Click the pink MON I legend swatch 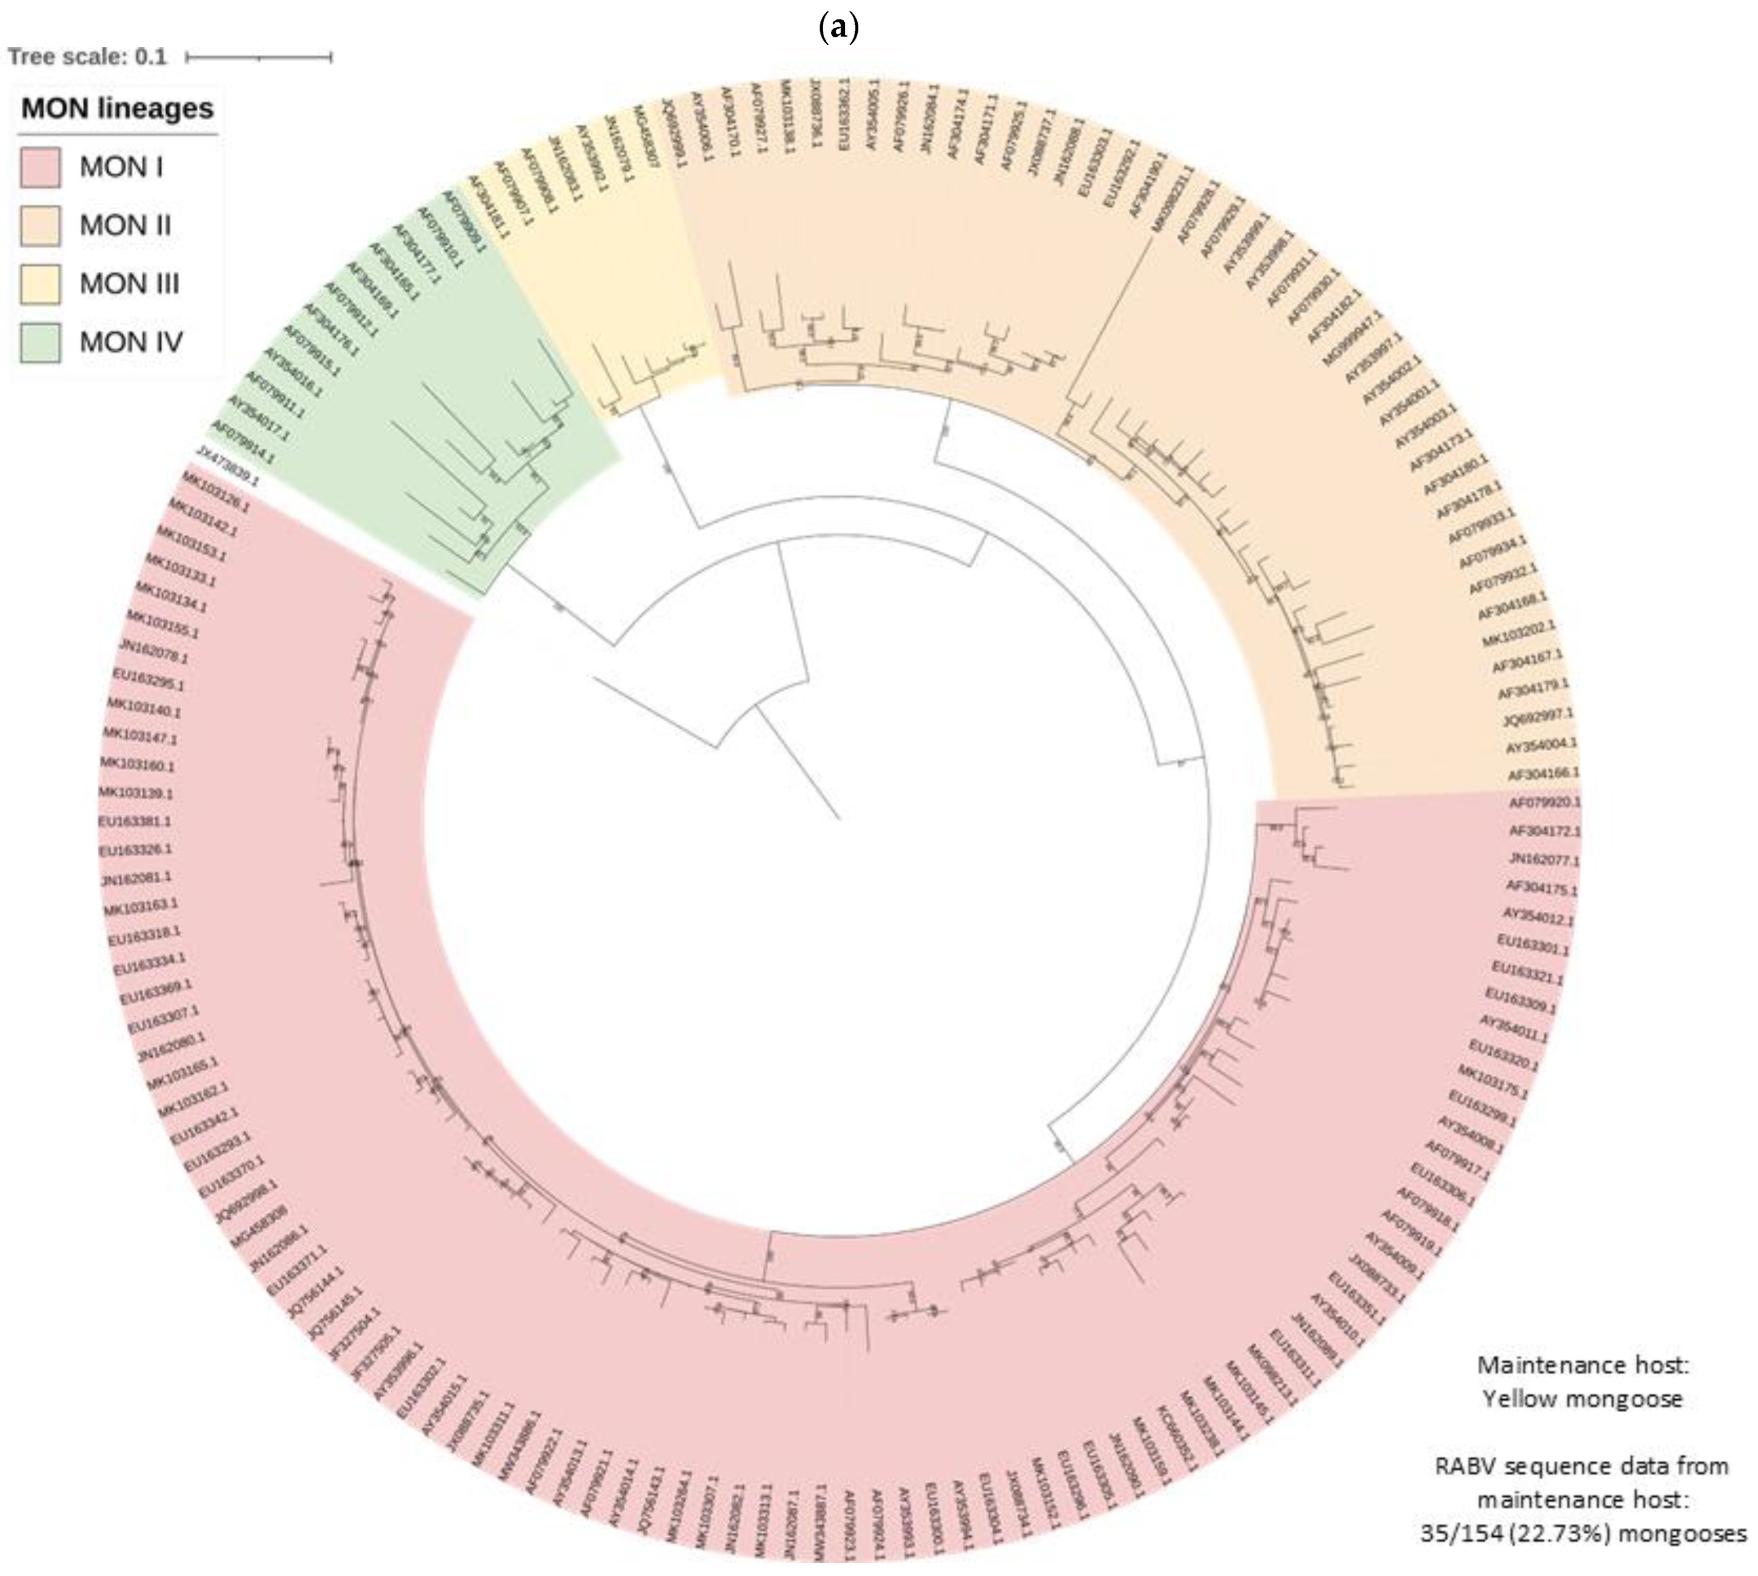coord(40,167)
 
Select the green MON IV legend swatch coord(40,342)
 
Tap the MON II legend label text coord(125,226)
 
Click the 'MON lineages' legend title coord(117,109)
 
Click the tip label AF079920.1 coord(1545,803)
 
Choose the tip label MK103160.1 coord(137,765)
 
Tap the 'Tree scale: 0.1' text coord(86,57)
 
